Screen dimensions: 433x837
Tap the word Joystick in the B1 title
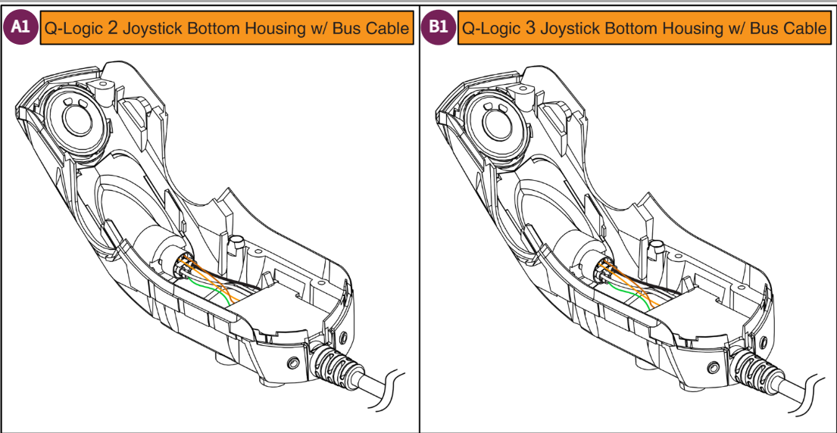pyautogui.click(x=567, y=30)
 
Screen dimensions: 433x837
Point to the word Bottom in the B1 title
pyautogui.click(x=630, y=29)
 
